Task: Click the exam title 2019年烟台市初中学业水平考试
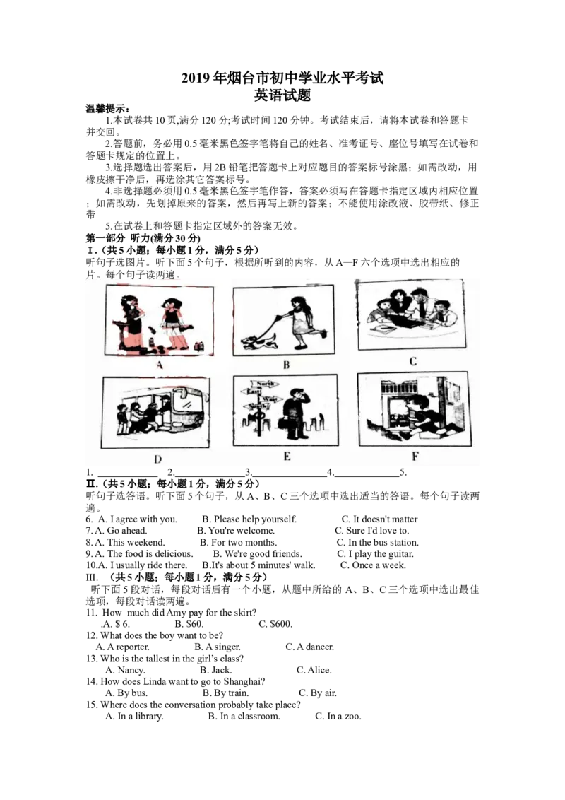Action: click(x=282, y=78)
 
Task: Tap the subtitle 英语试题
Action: click(x=282, y=95)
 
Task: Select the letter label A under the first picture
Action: click(x=160, y=365)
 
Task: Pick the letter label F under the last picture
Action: click(x=415, y=456)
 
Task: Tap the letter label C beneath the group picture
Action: click(x=413, y=361)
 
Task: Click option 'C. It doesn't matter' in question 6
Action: click(x=380, y=519)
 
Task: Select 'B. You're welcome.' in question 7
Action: click(x=237, y=531)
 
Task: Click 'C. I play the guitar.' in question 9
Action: click(x=375, y=554)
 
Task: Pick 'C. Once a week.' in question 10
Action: click(x=374, y=565)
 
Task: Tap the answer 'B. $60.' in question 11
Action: click(x=189, y=624)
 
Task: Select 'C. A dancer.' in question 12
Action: click(x=309, y=647)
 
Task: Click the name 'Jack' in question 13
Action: click(x=222, y=670)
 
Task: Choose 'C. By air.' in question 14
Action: click(x=318, y=693)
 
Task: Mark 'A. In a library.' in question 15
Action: click(x=135, y=717)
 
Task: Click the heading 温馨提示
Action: click(x=107, y=109)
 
